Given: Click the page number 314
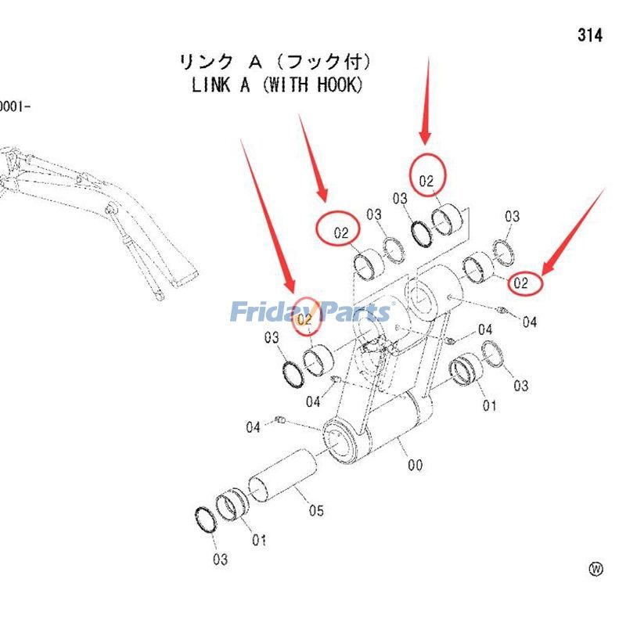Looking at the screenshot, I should [590, 35].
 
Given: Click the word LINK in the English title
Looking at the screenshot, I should [210, 85].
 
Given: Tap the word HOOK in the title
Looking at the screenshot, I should [339, 85].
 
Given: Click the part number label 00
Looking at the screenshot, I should [415, 466].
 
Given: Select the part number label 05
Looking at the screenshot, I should [315, 511].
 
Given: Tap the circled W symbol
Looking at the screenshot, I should [596, 569].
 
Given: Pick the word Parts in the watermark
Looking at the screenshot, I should [351, 312].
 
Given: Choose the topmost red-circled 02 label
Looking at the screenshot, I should [426, 181].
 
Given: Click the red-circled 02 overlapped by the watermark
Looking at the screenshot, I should [306, 318].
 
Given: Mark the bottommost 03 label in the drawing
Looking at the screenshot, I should [220, 559].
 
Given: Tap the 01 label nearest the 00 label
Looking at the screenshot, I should [489, 405].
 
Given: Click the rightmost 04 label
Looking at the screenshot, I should [530, 322].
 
